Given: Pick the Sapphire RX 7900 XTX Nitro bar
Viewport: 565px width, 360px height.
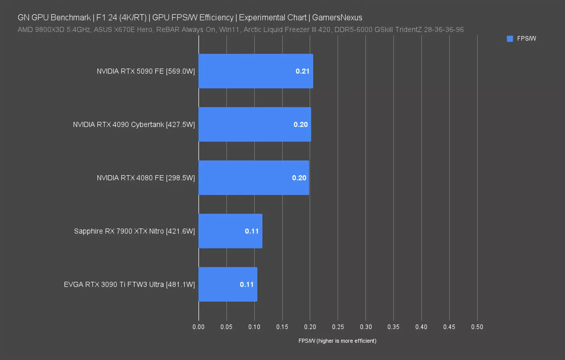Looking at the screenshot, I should [x=224, y=231].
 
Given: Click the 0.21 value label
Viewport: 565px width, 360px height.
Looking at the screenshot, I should [x=302, y=71].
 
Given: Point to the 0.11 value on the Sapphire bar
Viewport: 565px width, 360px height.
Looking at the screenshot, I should [x=252, y=231].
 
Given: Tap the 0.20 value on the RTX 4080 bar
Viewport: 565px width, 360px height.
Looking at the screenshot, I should [x=299, y=178].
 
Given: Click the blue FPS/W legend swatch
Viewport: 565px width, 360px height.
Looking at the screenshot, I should [x=510, y=39].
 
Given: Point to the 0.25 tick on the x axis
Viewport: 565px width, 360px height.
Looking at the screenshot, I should [x=338, y=327].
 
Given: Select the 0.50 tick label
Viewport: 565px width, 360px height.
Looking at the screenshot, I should [x=477, y=327].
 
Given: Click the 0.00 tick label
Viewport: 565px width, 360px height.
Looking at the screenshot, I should [x=198, y=327].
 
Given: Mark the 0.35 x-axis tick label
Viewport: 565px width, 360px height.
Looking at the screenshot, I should [x=393, y=327].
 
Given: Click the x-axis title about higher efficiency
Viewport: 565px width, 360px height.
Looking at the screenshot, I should [x=337, y=341].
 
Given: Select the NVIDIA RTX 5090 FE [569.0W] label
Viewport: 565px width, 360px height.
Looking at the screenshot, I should [x=146, y=71].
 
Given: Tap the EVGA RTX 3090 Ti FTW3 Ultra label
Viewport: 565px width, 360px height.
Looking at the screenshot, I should [x=129, y=284].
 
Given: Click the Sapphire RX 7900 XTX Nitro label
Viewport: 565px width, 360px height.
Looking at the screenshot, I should [x=134, y=231].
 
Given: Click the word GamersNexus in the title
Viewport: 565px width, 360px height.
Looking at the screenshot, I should [x=337, y=18].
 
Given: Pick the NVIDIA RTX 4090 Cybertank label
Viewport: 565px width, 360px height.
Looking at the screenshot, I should [x=134, y=124].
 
